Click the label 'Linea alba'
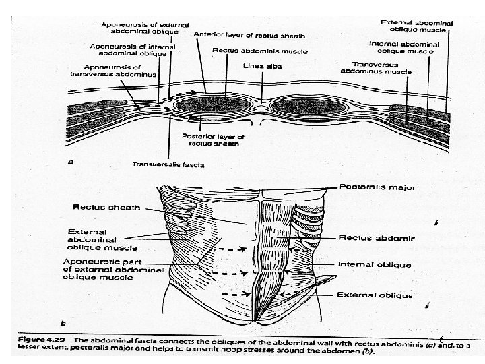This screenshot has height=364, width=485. pyautogui.click(x=263, y=67)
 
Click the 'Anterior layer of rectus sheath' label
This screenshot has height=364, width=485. pyautogui.click(x=249, y=35)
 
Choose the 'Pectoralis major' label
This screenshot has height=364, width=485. pyautogui.click(x=377, y=187)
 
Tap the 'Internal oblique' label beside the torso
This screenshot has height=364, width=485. pyautogui.click(x=375, y=264)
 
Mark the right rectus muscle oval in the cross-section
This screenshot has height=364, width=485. pyautogui.click(x=299, y=108)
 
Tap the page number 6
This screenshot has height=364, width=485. pyautogui.click(x=441, y=340)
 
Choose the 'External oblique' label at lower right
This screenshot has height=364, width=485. pyautogui.click(x=375, y=295)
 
